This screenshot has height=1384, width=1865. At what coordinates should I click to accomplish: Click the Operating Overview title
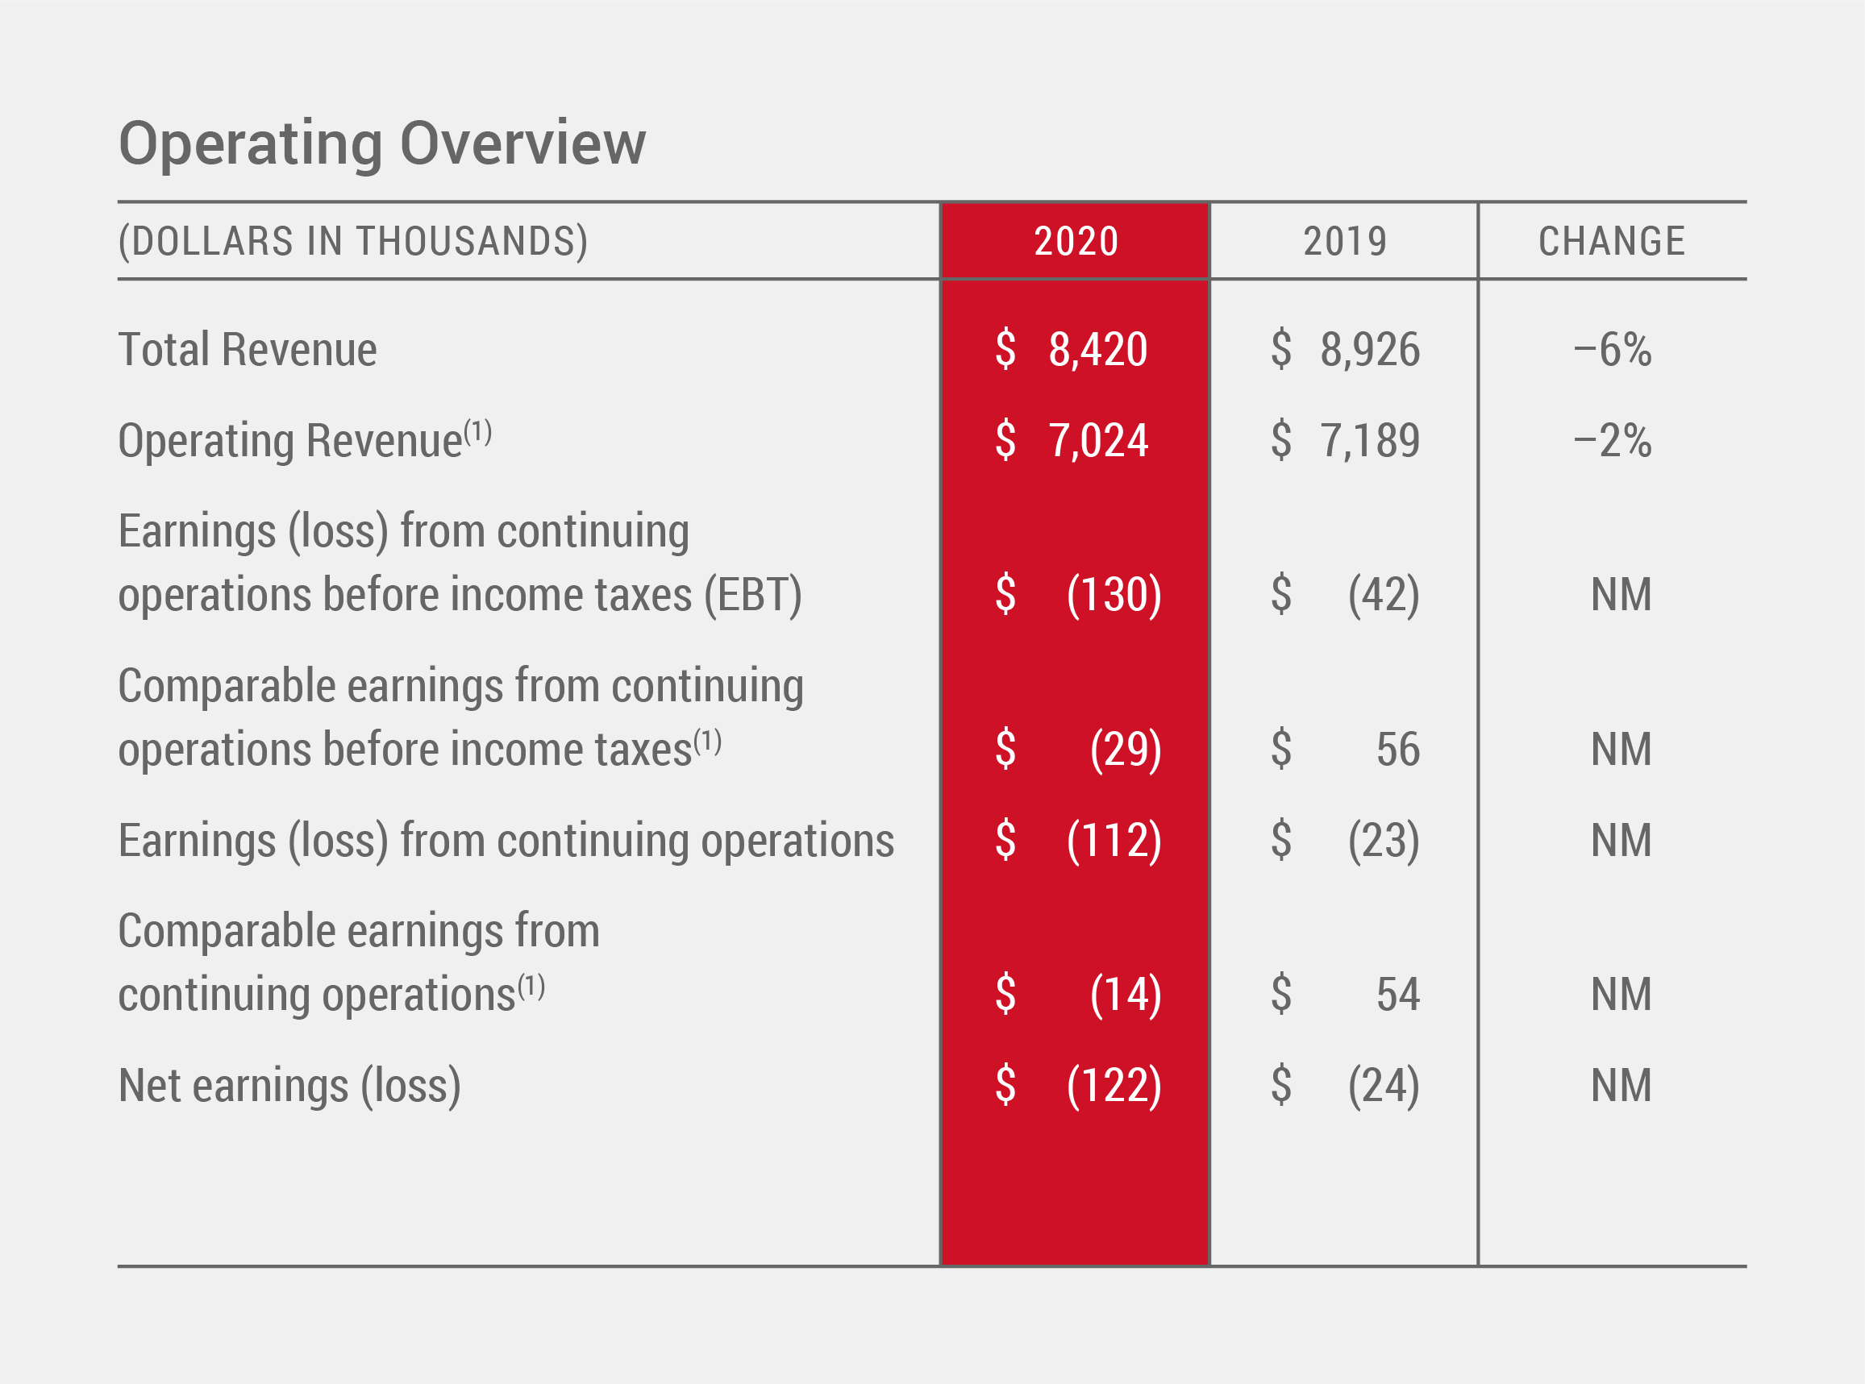coord(382,144)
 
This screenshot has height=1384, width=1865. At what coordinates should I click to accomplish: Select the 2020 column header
coord(1076,242)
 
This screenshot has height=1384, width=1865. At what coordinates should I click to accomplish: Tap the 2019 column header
coord(1345,242)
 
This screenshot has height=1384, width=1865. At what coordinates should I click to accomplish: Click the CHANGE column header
coord(1612,242)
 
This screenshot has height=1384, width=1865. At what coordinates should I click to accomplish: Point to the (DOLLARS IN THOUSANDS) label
coord(352,242)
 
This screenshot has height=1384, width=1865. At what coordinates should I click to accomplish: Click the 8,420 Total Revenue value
coord(1097,349)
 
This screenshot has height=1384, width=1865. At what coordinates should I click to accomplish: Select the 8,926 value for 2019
coord(1370,349)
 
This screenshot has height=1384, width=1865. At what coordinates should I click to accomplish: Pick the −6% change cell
coord(1612,349)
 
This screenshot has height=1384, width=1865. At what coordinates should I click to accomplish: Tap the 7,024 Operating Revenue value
coord(1097,441)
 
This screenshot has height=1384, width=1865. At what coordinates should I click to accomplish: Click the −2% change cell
coord(1612,441)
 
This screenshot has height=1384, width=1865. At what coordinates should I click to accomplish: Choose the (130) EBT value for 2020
coord(1114,595)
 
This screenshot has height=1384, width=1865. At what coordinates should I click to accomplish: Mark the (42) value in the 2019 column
coord(1384,595)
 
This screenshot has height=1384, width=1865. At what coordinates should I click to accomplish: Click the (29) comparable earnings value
coord(1125,749)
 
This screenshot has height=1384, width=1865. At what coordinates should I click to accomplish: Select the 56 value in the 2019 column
coord(1397,749)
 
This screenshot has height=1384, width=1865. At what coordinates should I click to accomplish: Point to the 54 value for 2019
coord(1397,995)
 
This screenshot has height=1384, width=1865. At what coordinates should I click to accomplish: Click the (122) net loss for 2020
coord(1114,1086)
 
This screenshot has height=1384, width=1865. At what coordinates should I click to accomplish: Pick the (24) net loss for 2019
coord(1384,1086)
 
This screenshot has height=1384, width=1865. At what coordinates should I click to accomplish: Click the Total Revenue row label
coord(248,349)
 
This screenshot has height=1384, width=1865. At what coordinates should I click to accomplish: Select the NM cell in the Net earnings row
coord(1621,1086)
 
